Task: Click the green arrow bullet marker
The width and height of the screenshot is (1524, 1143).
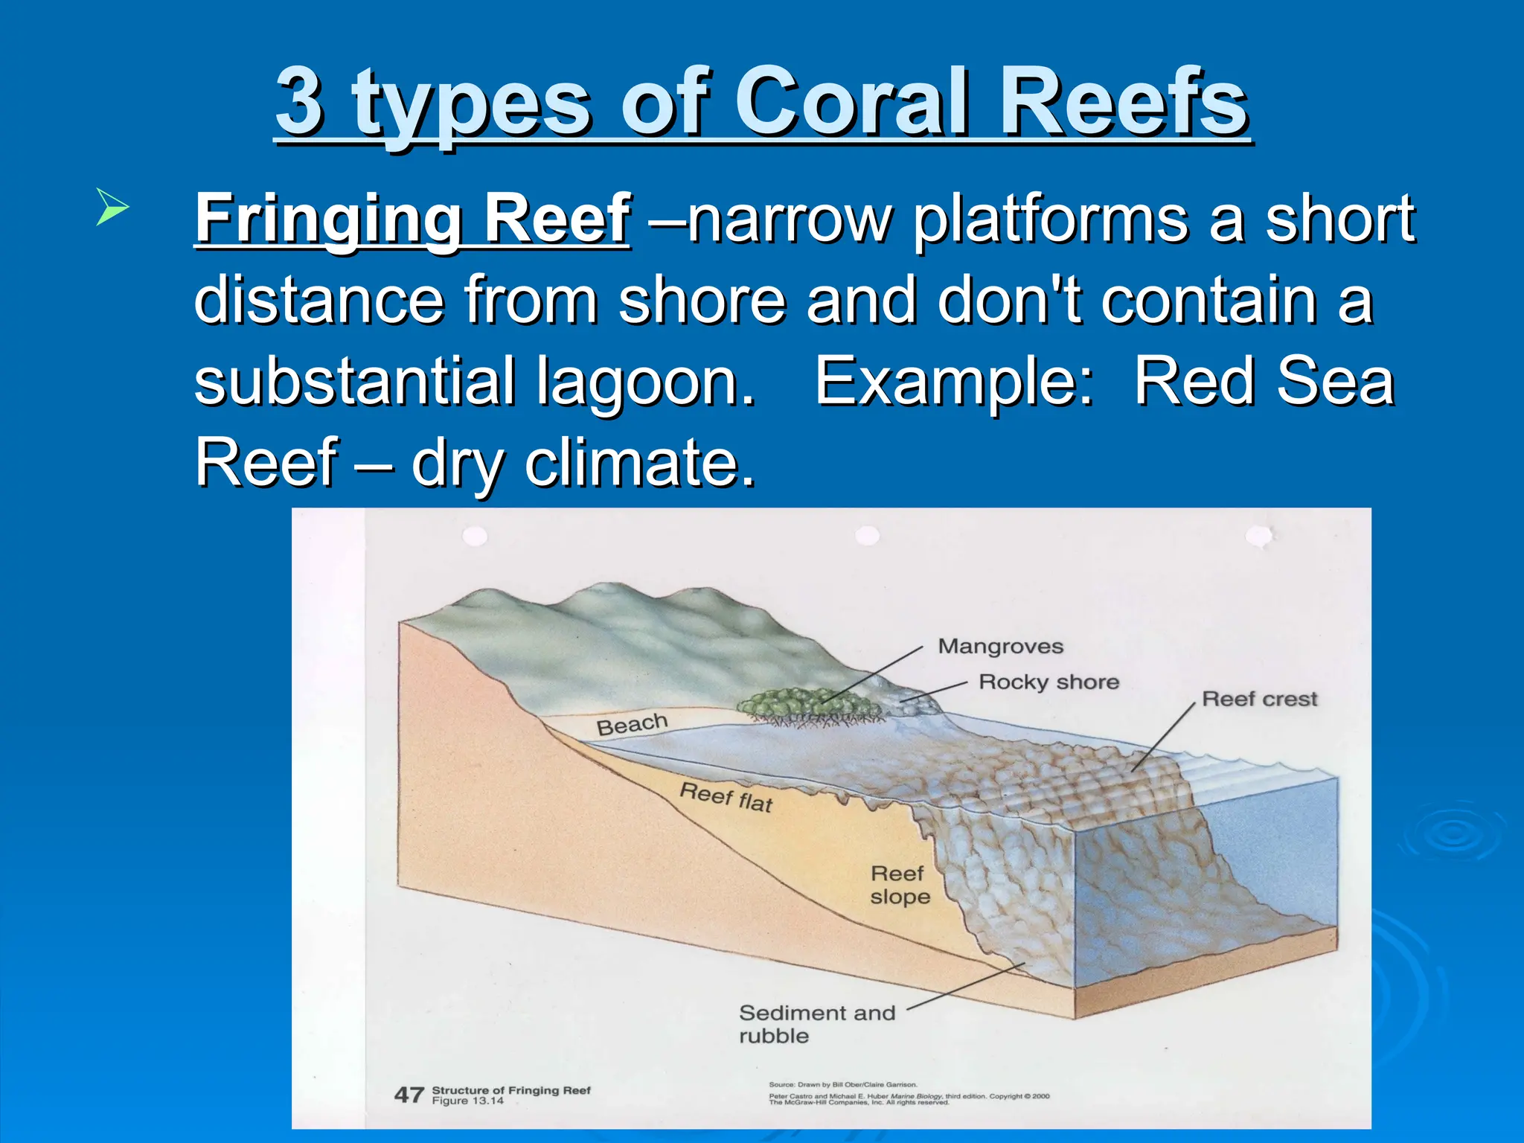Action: coord(112,208)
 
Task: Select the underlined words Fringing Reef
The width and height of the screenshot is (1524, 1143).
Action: coord(413,219)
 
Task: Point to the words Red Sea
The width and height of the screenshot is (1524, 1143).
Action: coord(1264,381)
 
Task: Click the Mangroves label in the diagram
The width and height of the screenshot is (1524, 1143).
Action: coord(1000,646)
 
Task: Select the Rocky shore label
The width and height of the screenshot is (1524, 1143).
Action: coord(1048,682)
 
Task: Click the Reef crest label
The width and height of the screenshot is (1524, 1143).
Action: coord(1259,699)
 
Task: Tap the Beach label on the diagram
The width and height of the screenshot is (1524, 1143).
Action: coord(632,724)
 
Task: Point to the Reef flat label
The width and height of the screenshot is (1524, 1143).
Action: coord(726,798)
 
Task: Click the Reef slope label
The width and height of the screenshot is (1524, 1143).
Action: coord(900,885)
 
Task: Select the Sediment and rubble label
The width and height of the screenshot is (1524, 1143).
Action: coord(816,1024)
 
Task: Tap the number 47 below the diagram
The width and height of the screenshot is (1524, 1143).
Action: coord(409,1095)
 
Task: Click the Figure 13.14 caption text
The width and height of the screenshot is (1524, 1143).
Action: coord(467,1101)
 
